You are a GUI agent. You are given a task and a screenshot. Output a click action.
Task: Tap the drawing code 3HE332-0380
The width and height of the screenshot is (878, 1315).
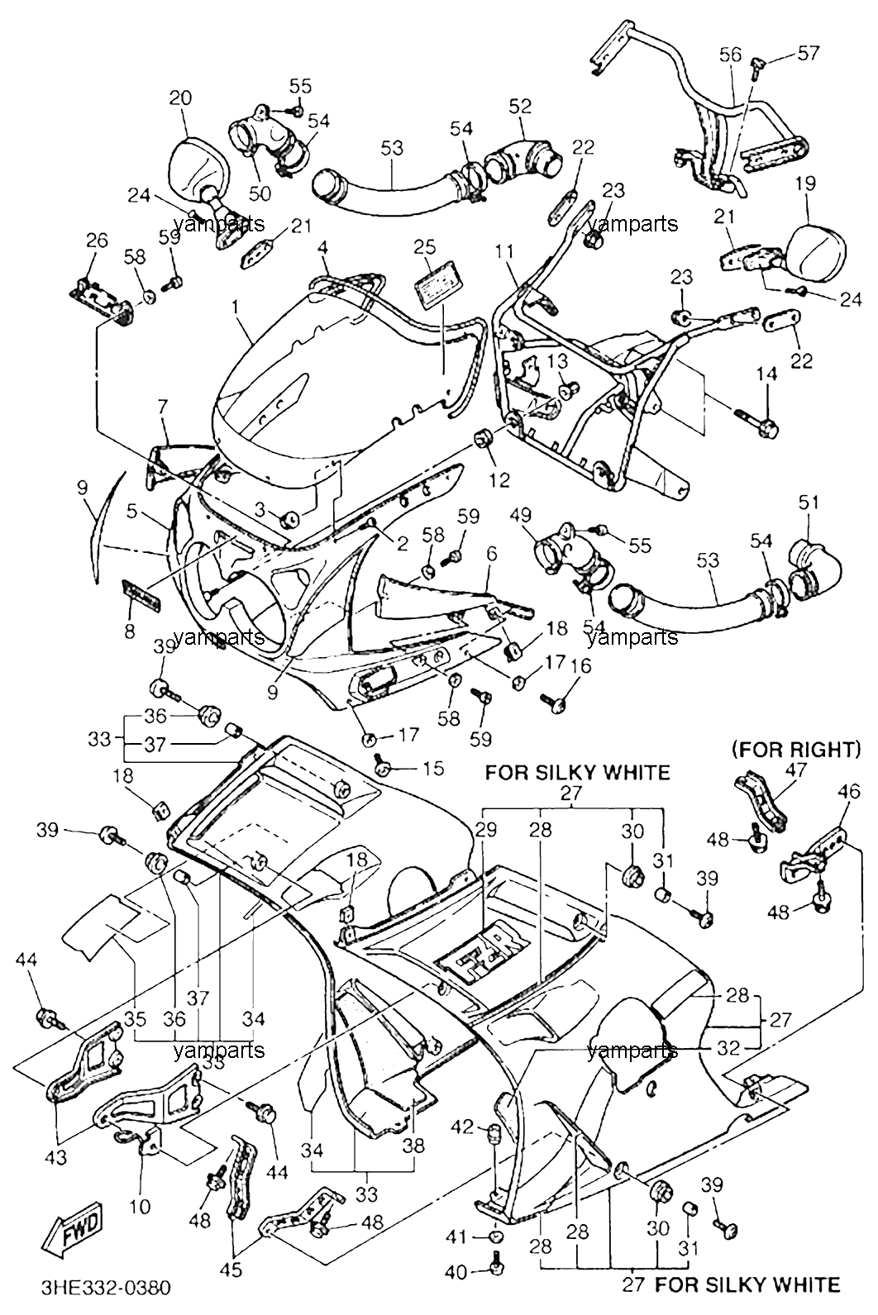click(x=106, y=1289)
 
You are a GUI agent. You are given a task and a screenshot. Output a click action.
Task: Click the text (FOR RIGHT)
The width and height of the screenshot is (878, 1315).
click(x=796, y=750)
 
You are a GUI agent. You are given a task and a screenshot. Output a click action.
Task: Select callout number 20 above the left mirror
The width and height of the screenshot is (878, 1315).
click(x=180, y=98)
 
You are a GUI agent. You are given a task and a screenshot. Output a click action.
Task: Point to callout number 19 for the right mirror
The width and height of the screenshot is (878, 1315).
click(x=806, y=183)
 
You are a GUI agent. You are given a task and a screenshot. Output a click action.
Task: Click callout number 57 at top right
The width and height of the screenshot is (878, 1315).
click(x=808, y=54)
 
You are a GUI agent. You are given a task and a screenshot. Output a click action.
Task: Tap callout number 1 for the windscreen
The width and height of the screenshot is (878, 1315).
click(x=236, y=307)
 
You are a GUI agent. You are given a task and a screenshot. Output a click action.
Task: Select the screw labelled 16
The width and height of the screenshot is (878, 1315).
click(x=556, y=702)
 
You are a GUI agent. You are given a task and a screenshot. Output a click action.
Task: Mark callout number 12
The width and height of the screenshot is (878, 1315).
click(x=499, y=479)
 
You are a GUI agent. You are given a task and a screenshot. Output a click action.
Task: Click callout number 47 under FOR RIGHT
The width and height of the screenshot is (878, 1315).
click(x=796, y=769)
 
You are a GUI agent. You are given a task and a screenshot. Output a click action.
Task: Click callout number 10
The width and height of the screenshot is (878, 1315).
click(x=141, y=1207)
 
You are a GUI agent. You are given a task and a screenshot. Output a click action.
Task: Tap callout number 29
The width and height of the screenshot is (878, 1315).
click(x=485, y=830)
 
